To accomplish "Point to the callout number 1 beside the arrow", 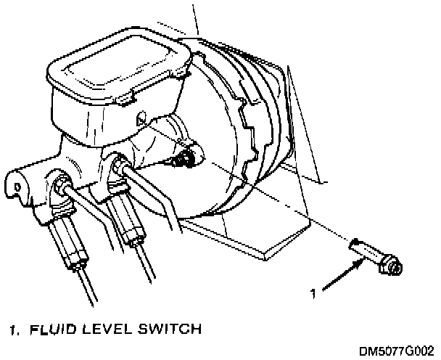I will pyautogui.click(x=313, y=294).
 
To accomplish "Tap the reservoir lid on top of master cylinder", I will pyautogui.click(x=117, y=68).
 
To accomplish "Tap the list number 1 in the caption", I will pyautogui.click(x=13, y=331).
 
